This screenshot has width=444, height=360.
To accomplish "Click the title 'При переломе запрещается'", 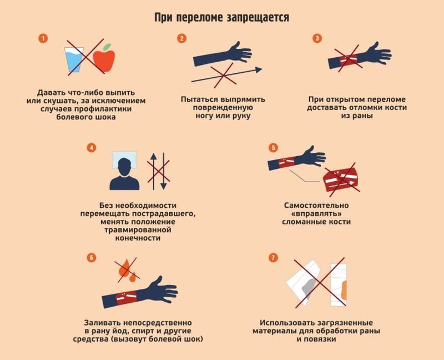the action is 221,18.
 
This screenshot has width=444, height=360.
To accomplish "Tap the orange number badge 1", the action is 43,38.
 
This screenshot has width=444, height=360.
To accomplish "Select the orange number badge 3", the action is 317,38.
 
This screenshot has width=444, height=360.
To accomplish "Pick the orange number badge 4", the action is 92,148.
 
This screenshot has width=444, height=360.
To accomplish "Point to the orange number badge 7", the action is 273,258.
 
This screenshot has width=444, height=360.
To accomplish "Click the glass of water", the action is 74,60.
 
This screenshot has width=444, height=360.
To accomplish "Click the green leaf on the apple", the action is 107,47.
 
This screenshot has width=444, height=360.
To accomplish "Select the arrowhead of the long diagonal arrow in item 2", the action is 259,70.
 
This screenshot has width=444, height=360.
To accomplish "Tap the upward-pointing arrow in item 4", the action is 154,172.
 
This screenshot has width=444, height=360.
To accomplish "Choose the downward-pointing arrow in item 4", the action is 163,172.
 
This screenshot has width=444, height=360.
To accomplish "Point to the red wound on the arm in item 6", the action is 127,297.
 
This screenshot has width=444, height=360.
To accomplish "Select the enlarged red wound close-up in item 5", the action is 340,179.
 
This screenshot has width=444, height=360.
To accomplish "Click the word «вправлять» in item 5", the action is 316,213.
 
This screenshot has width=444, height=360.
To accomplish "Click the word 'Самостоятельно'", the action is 316,205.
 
